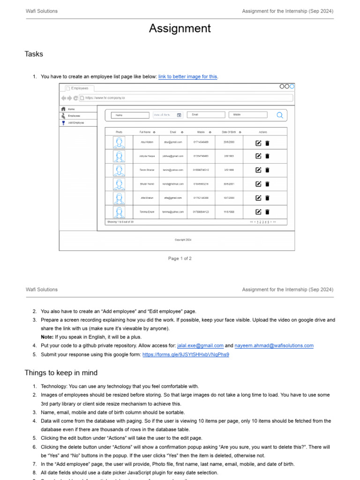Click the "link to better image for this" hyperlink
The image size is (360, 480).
(x=187, y=76)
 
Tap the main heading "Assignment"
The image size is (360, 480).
(x=180, y=29)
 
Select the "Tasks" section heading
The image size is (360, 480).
(x=34, y=54)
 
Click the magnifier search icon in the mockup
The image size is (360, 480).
(x=280, y=115)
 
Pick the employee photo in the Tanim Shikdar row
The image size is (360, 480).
(x=119, y=170)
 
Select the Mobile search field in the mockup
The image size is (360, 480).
(x=247, y=115)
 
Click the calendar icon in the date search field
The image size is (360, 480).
(x=179, y=115)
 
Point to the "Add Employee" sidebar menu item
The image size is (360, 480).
(x=75, y=122)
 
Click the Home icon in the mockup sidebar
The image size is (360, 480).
(x=63, y=109)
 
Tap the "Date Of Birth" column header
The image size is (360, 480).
(x=229, y=132)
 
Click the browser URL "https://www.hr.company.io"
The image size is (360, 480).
(x=105, y=98)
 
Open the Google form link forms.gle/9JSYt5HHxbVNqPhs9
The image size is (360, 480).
(x=186, y=355)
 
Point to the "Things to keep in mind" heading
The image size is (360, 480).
(x=61, y=373)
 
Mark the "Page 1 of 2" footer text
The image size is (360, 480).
(x=180, y=258)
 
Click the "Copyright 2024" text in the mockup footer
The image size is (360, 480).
(x=183, y=240)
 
